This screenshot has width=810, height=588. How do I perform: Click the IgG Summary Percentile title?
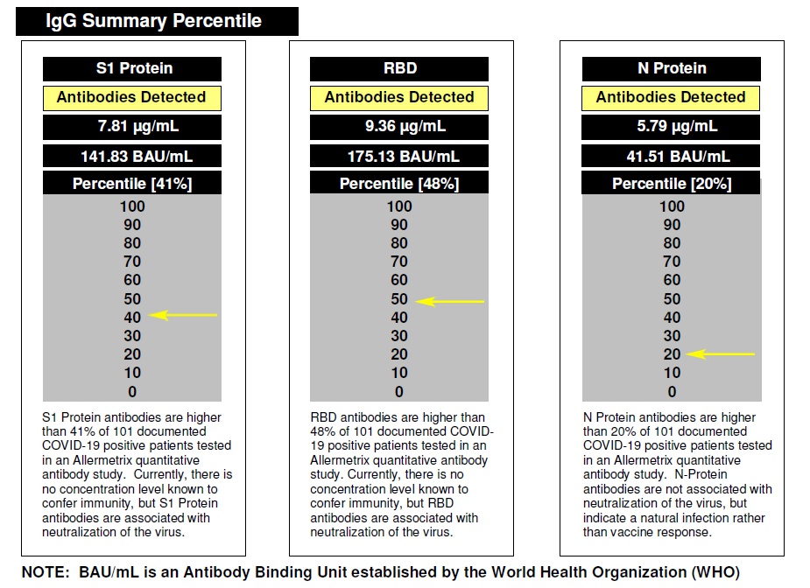pyautogui.click(x=154, y=21)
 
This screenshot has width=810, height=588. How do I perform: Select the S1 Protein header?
pyautogui.click(x=132, y=68)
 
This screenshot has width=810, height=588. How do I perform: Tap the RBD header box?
pyautogui.click(x=399, y=68)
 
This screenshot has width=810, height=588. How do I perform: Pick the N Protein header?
pyautogui.click(x=672, y=68)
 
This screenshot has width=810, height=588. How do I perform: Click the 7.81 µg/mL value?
pyautogui.click(x=132, y=126)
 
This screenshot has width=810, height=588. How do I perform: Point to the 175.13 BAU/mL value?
pyautogui.click(x=399, y=156)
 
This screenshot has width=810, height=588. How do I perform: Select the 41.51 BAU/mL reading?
pyautogui.click(x=672, y=156)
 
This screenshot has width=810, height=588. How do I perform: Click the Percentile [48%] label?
pyautogui.click(x=399, y=184)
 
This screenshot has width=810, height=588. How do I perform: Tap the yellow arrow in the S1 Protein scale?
pyautogui.click(x=183, y=315)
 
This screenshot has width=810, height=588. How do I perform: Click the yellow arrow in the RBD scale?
pyautogui.click(x=450, y=301)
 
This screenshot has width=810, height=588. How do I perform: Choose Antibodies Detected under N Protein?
pyautogui.click(x=672, y=97)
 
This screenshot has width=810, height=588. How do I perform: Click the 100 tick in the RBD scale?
pyautogui.click(x=399, y=206)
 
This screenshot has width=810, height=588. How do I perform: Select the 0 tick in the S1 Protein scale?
pyautogui.click(x=132, y=392)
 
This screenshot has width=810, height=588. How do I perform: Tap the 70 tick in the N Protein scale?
pyautogui.click(x=672, y=262)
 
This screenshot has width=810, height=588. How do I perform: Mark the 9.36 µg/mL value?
pyautogui.click(x=399, y=126)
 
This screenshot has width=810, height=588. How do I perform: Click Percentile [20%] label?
pyautogui.click(x=672, y=184)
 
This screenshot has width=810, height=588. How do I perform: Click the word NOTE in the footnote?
pyautogui.click(x=43, y=571)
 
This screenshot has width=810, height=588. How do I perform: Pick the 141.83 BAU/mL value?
pyautogui.click(x=132, y=156)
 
